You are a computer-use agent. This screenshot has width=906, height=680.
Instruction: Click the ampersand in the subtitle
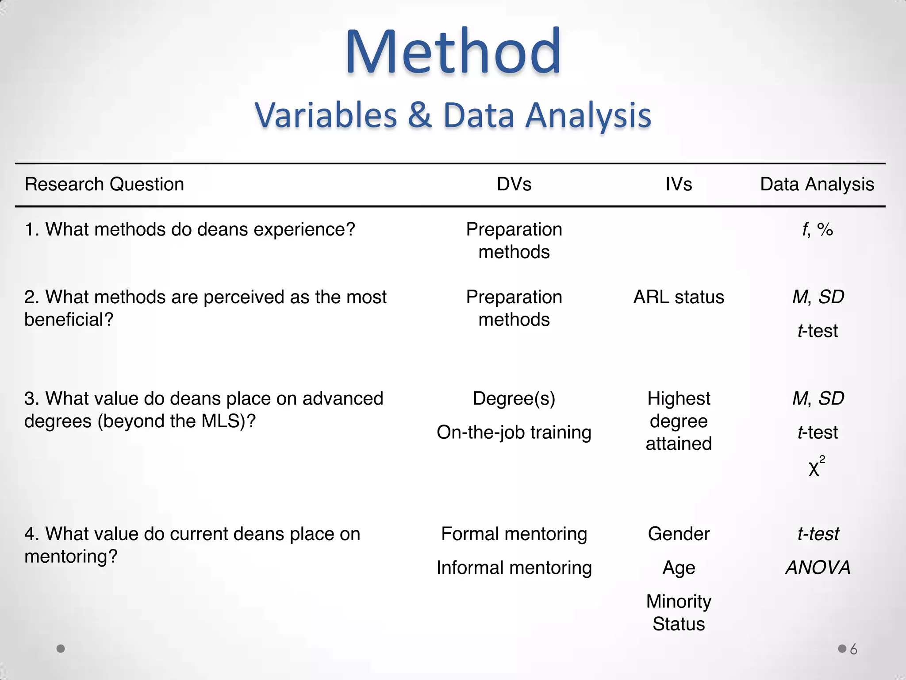[419, 116]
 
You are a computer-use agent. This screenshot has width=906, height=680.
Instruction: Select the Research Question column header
[104, 184]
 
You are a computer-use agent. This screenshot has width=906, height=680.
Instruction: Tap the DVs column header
[514, 184]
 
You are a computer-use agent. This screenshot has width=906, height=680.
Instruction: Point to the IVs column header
[679, 184]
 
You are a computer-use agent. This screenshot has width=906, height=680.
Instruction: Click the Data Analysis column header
[817, 184]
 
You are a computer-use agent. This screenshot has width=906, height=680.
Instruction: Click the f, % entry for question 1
[818, 230]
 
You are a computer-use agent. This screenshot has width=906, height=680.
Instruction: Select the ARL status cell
[679, 297]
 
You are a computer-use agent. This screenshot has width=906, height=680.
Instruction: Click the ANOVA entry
[818, 568]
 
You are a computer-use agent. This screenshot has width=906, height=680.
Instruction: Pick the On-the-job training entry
[514, 433]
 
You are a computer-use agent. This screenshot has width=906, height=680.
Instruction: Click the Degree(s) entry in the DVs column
[514, 398]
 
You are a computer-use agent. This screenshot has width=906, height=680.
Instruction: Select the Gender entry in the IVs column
[679, 534]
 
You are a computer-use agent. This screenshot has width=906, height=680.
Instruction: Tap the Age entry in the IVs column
[679, 568]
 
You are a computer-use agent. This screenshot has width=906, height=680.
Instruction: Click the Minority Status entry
[679, 613]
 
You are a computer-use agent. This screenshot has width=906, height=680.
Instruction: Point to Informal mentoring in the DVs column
[514, 568]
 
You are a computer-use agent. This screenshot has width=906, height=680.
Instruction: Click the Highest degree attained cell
[679, 421]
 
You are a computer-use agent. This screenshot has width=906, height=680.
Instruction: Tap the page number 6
[853, 649]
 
